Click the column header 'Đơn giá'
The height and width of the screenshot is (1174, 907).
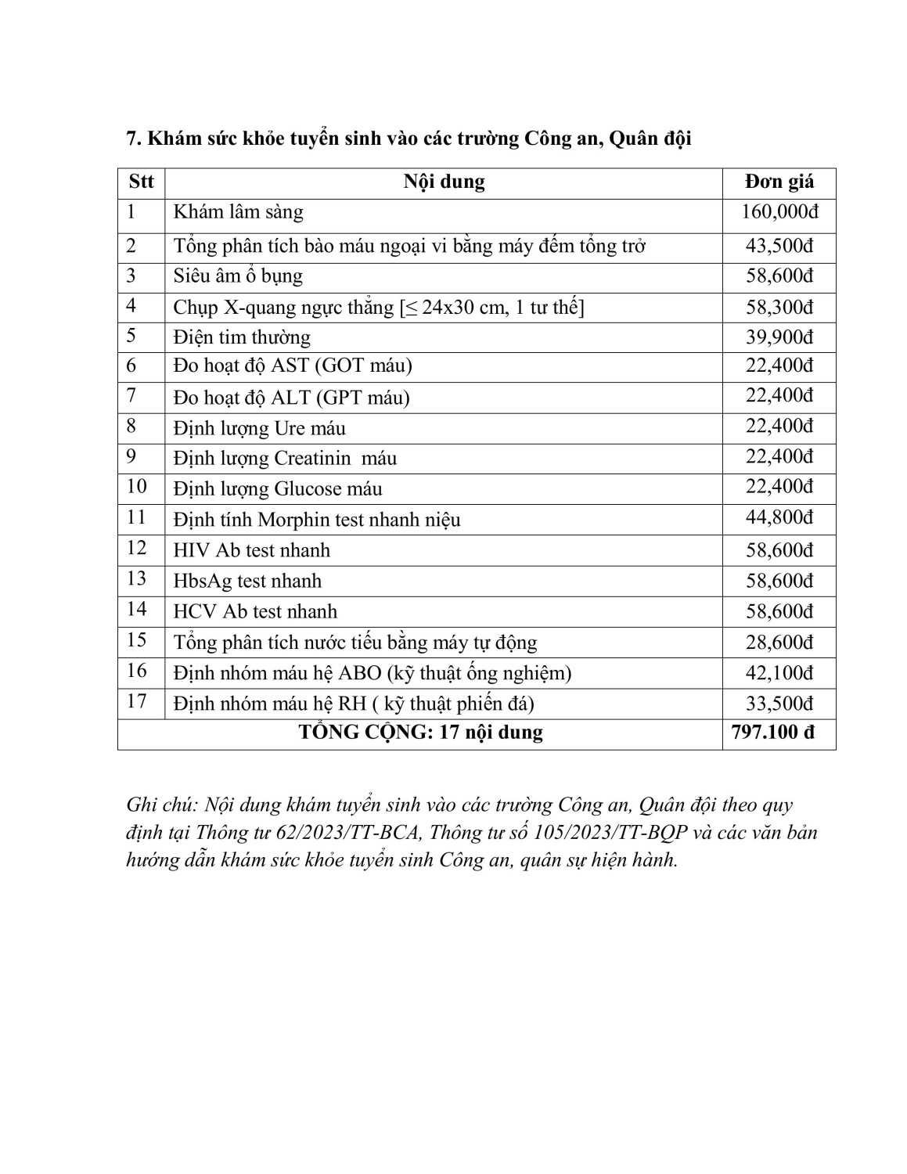pyautogui.click(x=779, y=182)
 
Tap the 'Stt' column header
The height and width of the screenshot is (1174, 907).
pyautogui.click(x=141, y=182)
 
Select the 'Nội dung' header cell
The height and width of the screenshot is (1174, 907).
pyautogui.click(x=444, y=182)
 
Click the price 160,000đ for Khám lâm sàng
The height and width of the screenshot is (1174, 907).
pyautogui.click(x=779, y=212)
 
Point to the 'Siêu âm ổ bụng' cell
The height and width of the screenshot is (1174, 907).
pyautogui.click(x=238, y=276)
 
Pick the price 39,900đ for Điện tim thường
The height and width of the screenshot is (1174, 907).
pyautogui.click(x=779, y=337)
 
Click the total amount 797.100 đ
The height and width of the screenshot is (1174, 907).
pyautogui.click(x=772, y=733)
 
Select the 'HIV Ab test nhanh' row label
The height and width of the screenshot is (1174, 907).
pyautogui.click(x=252, y=550)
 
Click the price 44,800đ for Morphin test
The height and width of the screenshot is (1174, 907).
pyautogui.click(x=779, y=517)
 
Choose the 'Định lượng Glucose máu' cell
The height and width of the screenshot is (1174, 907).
pyautogui.click(x=278, y=489)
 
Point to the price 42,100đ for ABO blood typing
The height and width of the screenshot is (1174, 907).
pyautogui.click(x=779, y=672)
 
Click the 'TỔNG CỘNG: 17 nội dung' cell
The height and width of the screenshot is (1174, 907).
pyautogui.click(x=420, y=733)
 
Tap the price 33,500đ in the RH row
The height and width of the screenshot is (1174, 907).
pyautogui.click(x=779, y=703)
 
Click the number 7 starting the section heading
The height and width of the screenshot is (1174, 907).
pyautogui.click(x=131, y=139)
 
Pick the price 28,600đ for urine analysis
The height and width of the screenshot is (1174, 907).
pyautogui.click(x=779, y=643)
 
